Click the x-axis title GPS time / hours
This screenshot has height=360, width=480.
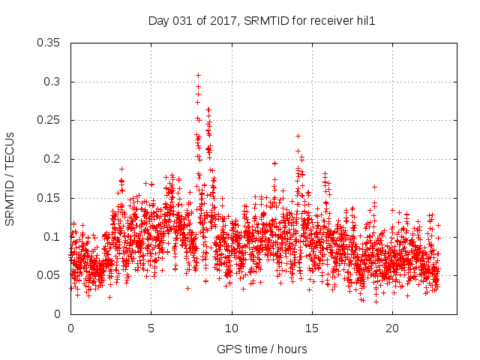tap(262, 349)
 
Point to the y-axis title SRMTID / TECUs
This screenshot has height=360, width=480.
tap(10, 178)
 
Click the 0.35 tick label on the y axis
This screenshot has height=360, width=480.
tap(49, 43)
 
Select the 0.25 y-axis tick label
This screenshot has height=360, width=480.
tap(49, 120)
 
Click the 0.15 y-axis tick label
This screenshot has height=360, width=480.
tap(49, 198)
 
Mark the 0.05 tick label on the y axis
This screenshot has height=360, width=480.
tap(49, 275)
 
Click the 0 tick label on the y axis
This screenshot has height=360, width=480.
tap(58, 314)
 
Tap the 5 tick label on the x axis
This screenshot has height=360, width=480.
tap(151, 328)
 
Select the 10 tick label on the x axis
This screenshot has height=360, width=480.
tap(232, 328)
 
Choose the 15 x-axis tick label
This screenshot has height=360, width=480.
tap(312, 328)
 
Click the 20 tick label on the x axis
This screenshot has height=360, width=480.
tap(392, 328)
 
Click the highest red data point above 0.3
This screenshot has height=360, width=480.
tap(198, 75)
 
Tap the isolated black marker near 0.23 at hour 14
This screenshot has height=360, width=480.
tap(298, 136)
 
